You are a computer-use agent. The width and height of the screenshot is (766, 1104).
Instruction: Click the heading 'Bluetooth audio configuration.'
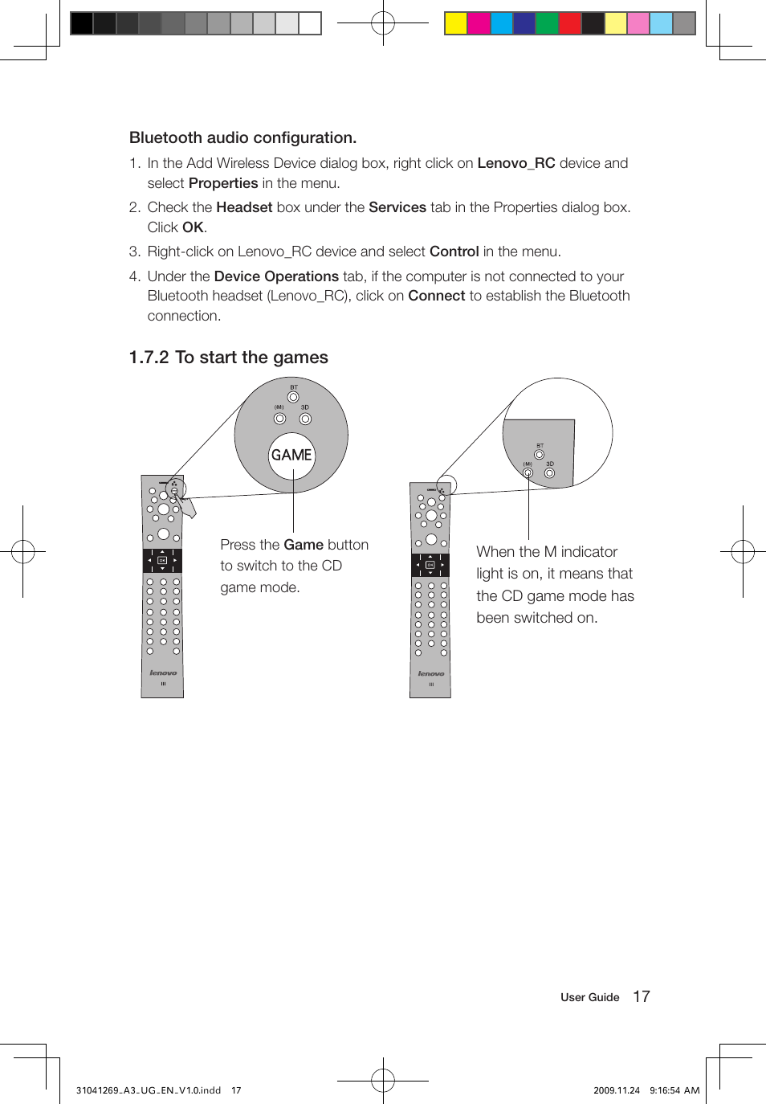click(242, 137)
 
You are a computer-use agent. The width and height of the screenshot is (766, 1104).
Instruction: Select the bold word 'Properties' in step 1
click(223, 183)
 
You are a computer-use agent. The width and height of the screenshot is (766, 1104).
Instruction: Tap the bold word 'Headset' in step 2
click(244, 207)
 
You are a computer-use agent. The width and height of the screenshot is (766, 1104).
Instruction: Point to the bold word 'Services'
click(397, 207)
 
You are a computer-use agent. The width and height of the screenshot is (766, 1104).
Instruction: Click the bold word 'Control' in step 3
click(454, 251)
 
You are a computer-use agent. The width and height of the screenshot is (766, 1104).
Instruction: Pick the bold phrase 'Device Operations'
click(276, 276)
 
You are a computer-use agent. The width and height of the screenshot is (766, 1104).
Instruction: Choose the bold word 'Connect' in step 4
click(436, 296)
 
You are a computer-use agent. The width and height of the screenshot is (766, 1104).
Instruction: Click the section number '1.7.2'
click(149, 358)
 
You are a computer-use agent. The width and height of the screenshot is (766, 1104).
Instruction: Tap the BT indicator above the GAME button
click(293, 397)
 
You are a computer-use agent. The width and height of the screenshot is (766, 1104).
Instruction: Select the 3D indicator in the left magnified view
click(305, 418)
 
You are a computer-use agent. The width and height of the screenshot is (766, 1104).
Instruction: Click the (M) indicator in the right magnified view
click(528, 472)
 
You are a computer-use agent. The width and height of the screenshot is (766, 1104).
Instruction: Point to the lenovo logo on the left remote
click(163, 673)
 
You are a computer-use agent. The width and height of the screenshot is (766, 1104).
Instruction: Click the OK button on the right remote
click(430, 565)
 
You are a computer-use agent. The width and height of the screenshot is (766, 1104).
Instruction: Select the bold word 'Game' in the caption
click(304, 545)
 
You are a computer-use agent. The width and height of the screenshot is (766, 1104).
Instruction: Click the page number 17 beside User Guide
click(641, 996)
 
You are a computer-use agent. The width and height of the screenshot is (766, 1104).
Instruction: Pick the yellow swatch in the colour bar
click(456, 23)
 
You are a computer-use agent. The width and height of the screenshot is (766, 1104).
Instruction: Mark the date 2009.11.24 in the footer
click(616, 1090)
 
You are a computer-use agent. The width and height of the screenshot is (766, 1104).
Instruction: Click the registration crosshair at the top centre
click(383, 23)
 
